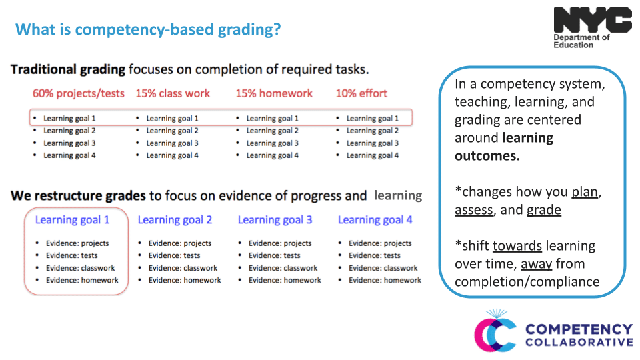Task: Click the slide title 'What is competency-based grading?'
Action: [x=148, y=30]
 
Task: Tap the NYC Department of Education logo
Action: [x=592, y=27]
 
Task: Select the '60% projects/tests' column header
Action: [x=79, y=93]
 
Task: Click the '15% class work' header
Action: [x=173, y=93]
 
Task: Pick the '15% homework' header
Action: [x=274, y=93]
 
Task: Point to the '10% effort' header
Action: [x=361, y=93]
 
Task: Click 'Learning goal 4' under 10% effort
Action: [x=372, y=155]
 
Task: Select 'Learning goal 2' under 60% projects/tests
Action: [x=69, y=131]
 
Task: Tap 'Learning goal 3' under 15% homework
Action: [x=272, y=143]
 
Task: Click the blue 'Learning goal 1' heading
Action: [x=72, y=219]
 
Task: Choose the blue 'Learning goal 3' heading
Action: [x=275, y=219]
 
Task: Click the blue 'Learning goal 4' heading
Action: [x=375, y=219]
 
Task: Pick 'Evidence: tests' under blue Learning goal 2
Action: [x=173, y=255]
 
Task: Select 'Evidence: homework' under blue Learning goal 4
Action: [x=385, y=281]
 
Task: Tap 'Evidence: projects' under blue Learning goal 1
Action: [x=77, y=243]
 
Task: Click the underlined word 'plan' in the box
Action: [x=585, y=192]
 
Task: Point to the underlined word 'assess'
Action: [x=473, y=210]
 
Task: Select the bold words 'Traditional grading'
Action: [x=68, y=69]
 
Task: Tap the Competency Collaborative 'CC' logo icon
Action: [x=495, y=331]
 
